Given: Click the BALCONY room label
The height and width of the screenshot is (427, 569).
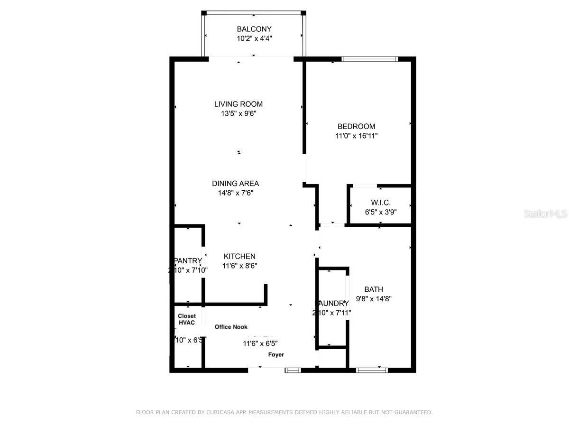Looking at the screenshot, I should pos(254,29).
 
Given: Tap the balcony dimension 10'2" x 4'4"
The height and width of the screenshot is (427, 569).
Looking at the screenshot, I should pos(254,38).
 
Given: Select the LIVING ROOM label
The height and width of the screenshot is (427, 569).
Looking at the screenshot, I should pos(238,104).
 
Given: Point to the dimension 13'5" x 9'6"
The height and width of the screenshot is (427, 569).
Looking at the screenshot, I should pos(238,113).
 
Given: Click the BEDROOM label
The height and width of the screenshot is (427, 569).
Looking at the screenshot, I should pos(356,126).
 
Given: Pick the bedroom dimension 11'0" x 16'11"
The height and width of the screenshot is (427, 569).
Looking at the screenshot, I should pos(356,136).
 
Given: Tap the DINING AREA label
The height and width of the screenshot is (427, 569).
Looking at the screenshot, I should pos(235,183).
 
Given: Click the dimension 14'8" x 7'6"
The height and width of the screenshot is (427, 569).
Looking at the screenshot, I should pos(235,193).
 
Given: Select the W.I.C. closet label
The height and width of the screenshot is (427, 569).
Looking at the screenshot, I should pos(381,203).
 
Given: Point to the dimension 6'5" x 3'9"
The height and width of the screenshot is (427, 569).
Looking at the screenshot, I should pos(381,212).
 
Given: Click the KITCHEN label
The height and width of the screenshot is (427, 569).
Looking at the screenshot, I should pos(239,256).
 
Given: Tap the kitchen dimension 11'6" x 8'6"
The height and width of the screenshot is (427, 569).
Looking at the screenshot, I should pos(239,266).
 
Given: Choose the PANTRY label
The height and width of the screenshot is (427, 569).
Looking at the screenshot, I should pos(188,261).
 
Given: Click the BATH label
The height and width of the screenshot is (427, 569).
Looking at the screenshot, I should pos(374,289).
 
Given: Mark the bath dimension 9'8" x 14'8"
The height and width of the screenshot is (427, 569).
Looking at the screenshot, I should pos(374,299).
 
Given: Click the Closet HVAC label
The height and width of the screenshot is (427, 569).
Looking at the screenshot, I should pos(187,319).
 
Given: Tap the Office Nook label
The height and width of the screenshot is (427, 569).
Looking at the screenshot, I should pos(231,327).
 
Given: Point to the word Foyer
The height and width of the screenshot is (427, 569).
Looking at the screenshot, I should pos(276,354).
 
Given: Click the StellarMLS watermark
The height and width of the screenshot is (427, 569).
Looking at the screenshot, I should pos(545,214).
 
